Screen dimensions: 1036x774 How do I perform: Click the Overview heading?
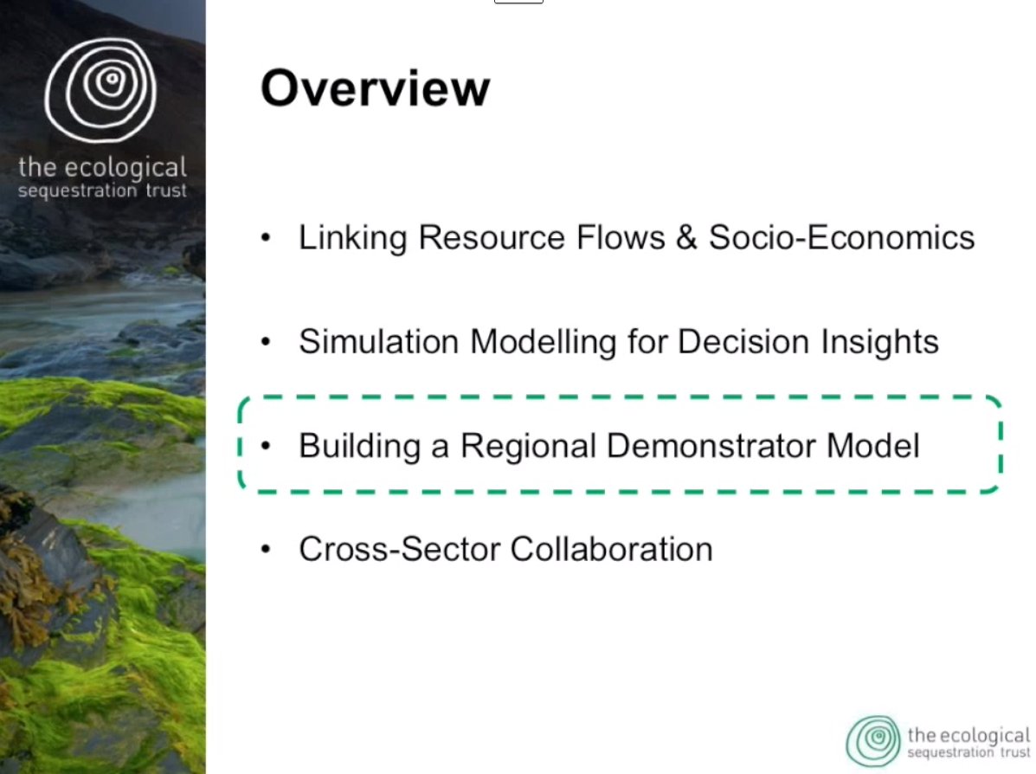click(376, 88)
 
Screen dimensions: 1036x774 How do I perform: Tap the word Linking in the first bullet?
click(352, 238)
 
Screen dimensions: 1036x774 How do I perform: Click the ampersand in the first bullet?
click(686, 237)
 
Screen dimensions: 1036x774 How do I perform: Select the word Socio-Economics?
click(842, 237)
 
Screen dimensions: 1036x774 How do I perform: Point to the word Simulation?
click(378, 342)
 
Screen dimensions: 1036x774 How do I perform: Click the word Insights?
click(879, 342)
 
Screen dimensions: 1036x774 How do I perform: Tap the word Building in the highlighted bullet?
click(359, 446)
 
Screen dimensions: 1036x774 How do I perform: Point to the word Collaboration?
click(611, 549)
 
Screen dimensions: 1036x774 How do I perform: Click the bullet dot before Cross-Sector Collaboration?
click(266, 549)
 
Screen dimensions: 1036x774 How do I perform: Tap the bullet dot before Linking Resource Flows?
click(266, 237)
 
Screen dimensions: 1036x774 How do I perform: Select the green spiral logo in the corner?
click(873, 741)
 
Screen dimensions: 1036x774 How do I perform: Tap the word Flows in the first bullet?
click(621, 237)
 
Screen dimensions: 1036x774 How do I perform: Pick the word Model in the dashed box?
click(872, 446)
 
